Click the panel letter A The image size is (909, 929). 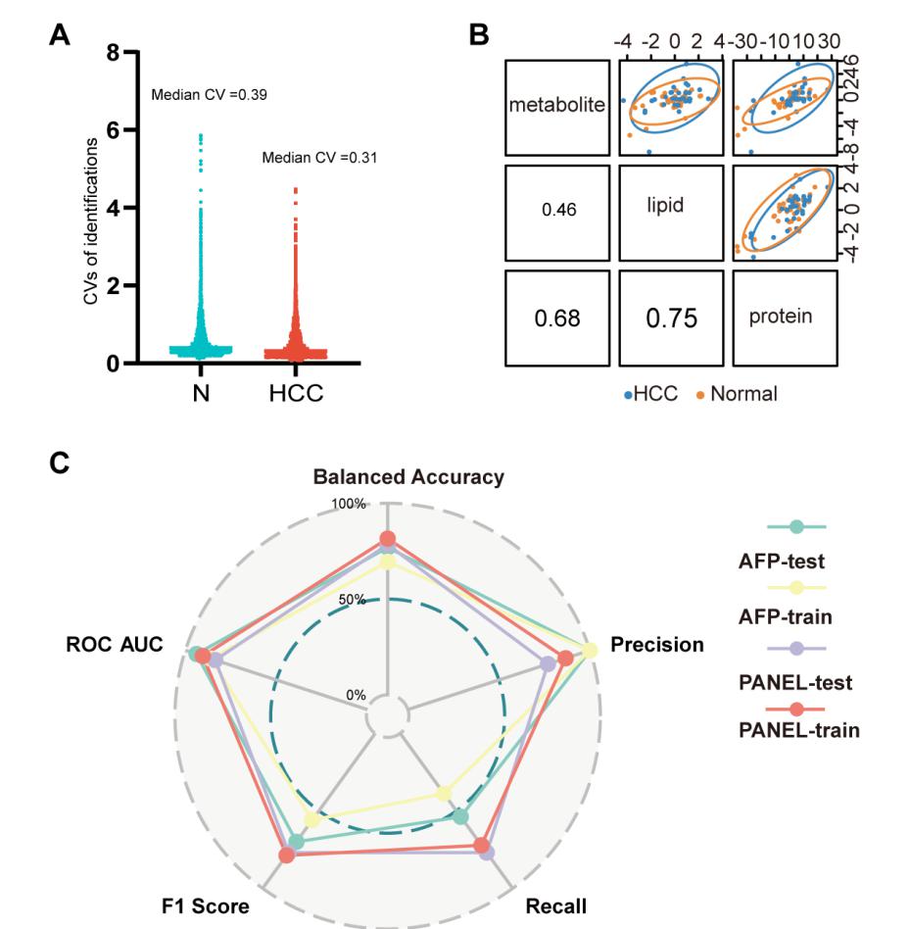click(x=60, y=36)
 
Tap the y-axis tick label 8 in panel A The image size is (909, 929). click(x=113, y=53)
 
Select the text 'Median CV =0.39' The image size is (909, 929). click(x=209, y=95)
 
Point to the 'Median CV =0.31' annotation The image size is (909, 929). click(x=319, y=157)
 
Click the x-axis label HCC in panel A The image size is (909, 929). click(x=296, y=393)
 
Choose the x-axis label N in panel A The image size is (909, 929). click(x=201, y=393)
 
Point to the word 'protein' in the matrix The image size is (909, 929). click(x=781, y=317)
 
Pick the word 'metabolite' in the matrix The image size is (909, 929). click(x=556, y=105)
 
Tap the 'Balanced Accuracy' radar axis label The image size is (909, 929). click(x=408, y=477)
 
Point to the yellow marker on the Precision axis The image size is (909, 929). click(x=589, y=651)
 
